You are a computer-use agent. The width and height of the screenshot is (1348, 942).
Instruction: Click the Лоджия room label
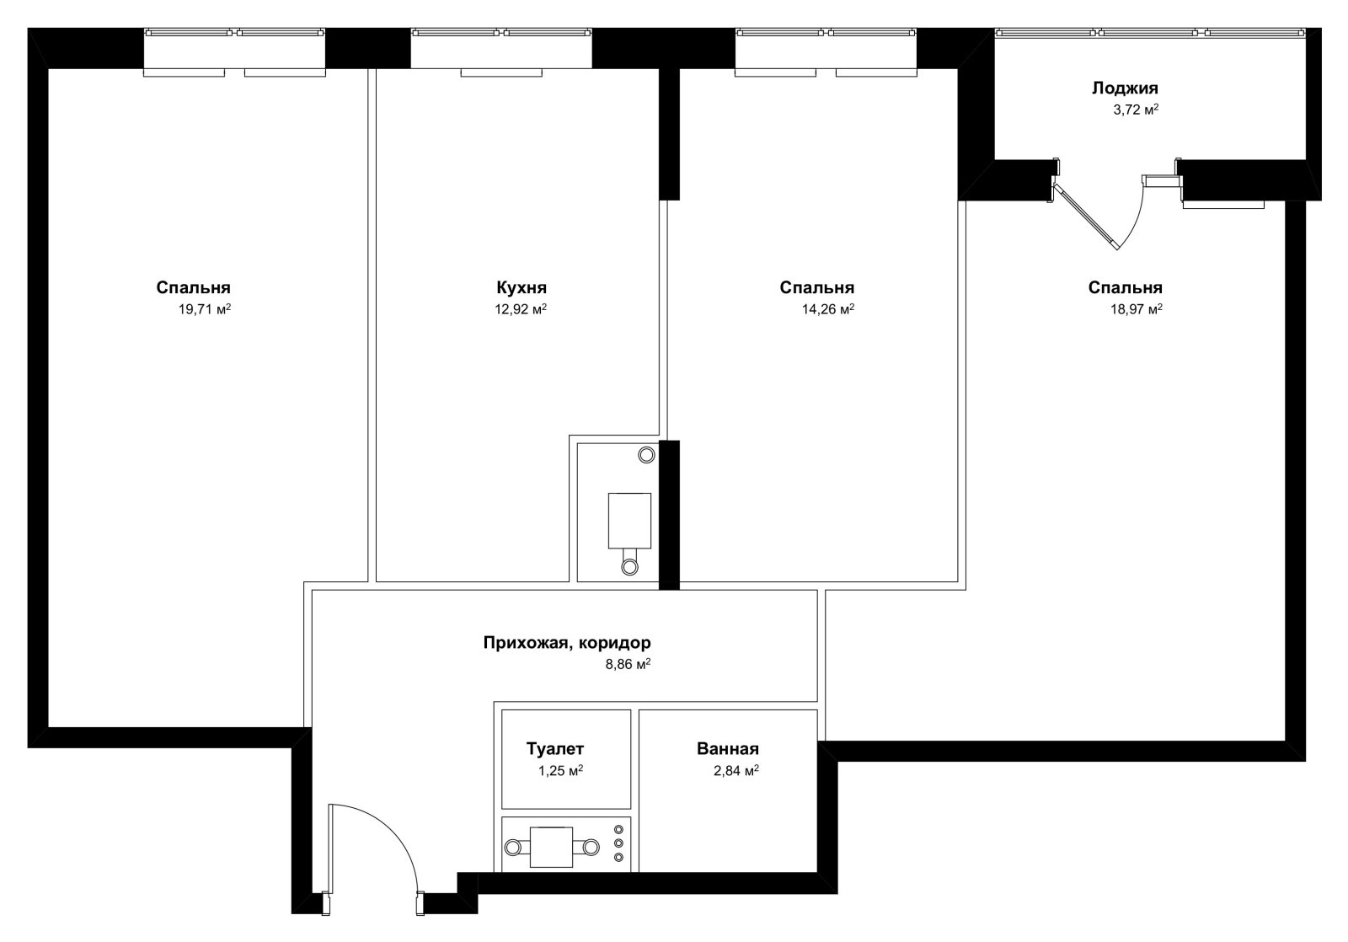pyautogui.click(x=1124, y=89)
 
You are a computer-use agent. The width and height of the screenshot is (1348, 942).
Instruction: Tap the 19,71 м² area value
pyautogui.click(x=205, y=309)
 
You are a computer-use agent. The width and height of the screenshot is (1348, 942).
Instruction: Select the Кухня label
pyautogui.click(x=522, y=287)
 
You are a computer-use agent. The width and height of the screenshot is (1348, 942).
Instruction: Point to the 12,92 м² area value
pyautogui.click(x=521, y=309)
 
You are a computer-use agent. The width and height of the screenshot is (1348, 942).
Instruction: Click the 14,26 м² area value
pyautogui.click(x=828, y=309)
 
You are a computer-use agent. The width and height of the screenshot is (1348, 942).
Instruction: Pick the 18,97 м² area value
pyautogui.click(x=1137, y=309)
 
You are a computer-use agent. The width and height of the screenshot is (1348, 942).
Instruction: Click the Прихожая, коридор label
pyautogui.click(x=567, y=644)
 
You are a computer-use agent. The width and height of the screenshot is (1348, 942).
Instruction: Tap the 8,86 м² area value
pyautogui.click(x=628, y=665)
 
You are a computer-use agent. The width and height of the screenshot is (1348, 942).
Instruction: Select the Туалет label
pyautogui.click(x=555, y=749)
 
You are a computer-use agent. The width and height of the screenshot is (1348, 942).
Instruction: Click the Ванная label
pyautogui.click(x=728, y=749)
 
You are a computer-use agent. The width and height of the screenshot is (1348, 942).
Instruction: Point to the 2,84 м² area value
pyautogui.click(x=736, y=770)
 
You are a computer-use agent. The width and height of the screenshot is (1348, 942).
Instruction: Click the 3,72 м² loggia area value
pyautogui.click(x=1136, y=110)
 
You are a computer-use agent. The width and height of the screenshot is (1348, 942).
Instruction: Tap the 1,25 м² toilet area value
pyautogui.click(x=560, y=770)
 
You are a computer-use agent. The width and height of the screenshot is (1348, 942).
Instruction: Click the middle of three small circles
pyautogui.click(x=618, y=843)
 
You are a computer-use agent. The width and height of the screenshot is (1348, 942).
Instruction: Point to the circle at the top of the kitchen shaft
pyautogui.click(x=646, y=455)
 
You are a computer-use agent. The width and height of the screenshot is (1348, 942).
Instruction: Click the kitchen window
pyautogui.click(x=501, y=51)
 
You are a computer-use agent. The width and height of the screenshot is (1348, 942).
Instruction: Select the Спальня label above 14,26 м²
pyautogui.click(x=816, y=287)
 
